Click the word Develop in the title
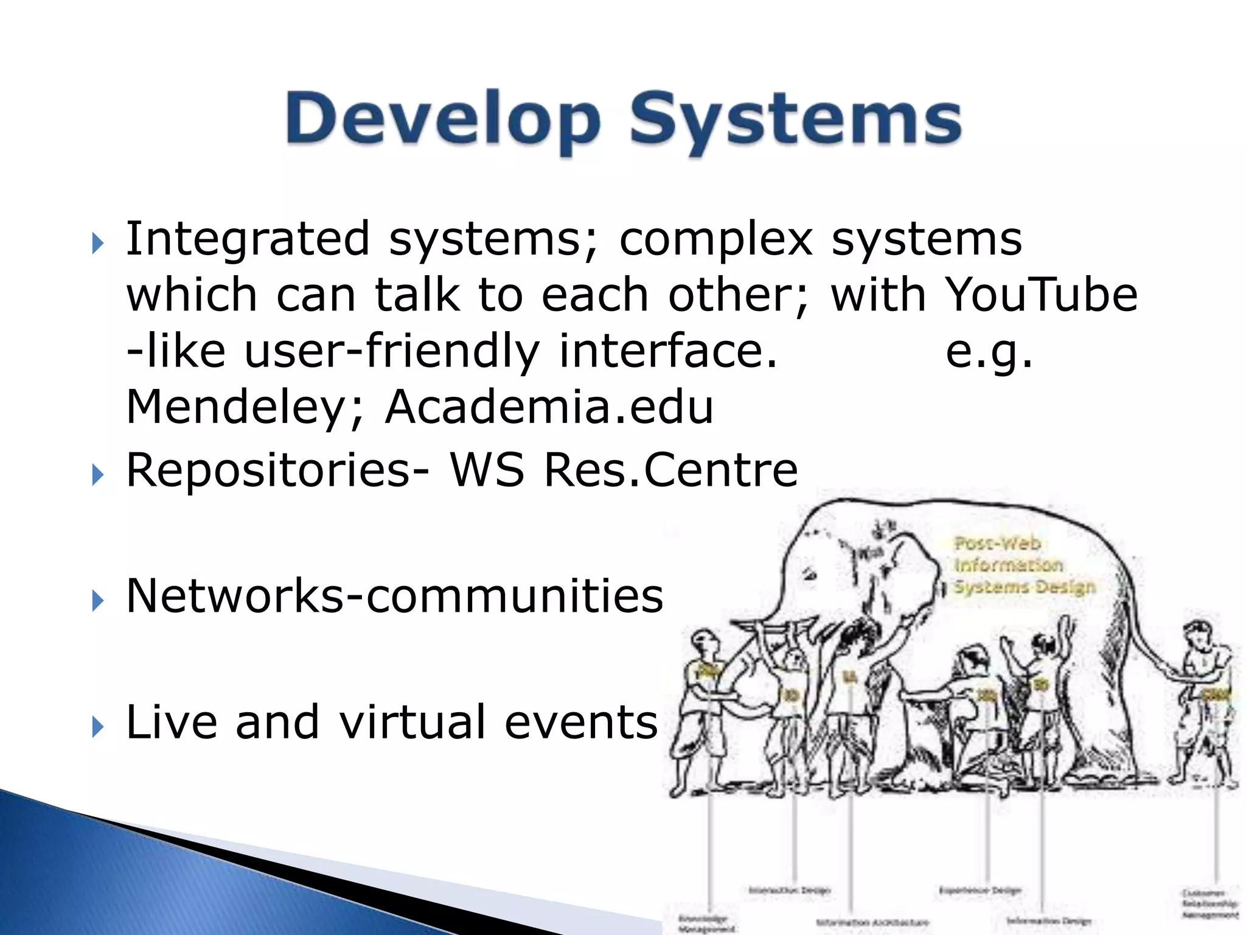443,119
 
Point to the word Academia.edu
549,407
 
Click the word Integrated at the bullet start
247,239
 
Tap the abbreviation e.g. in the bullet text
989,352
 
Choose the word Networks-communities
394,595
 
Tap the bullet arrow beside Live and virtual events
98,726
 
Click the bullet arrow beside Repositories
98,474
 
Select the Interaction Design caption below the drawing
790,891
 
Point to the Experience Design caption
980,891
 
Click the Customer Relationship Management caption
1210,903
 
